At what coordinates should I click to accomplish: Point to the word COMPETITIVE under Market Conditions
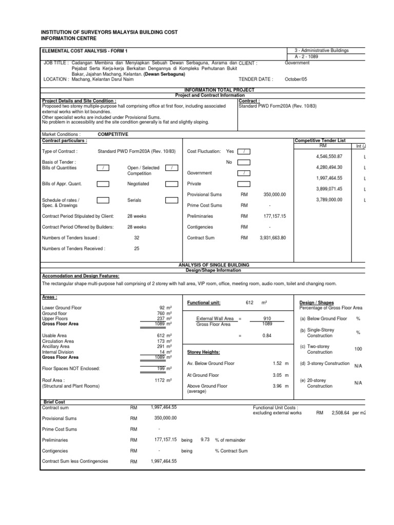(113, 134)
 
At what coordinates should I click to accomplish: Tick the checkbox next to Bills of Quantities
(103, 168)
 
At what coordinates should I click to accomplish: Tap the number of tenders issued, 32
(136, 238)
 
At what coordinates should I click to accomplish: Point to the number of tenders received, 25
(136, 248)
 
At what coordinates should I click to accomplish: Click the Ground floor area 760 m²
(164, 313)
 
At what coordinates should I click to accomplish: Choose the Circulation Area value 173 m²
(164, 340)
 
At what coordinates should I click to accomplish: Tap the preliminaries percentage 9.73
(205, 439)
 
